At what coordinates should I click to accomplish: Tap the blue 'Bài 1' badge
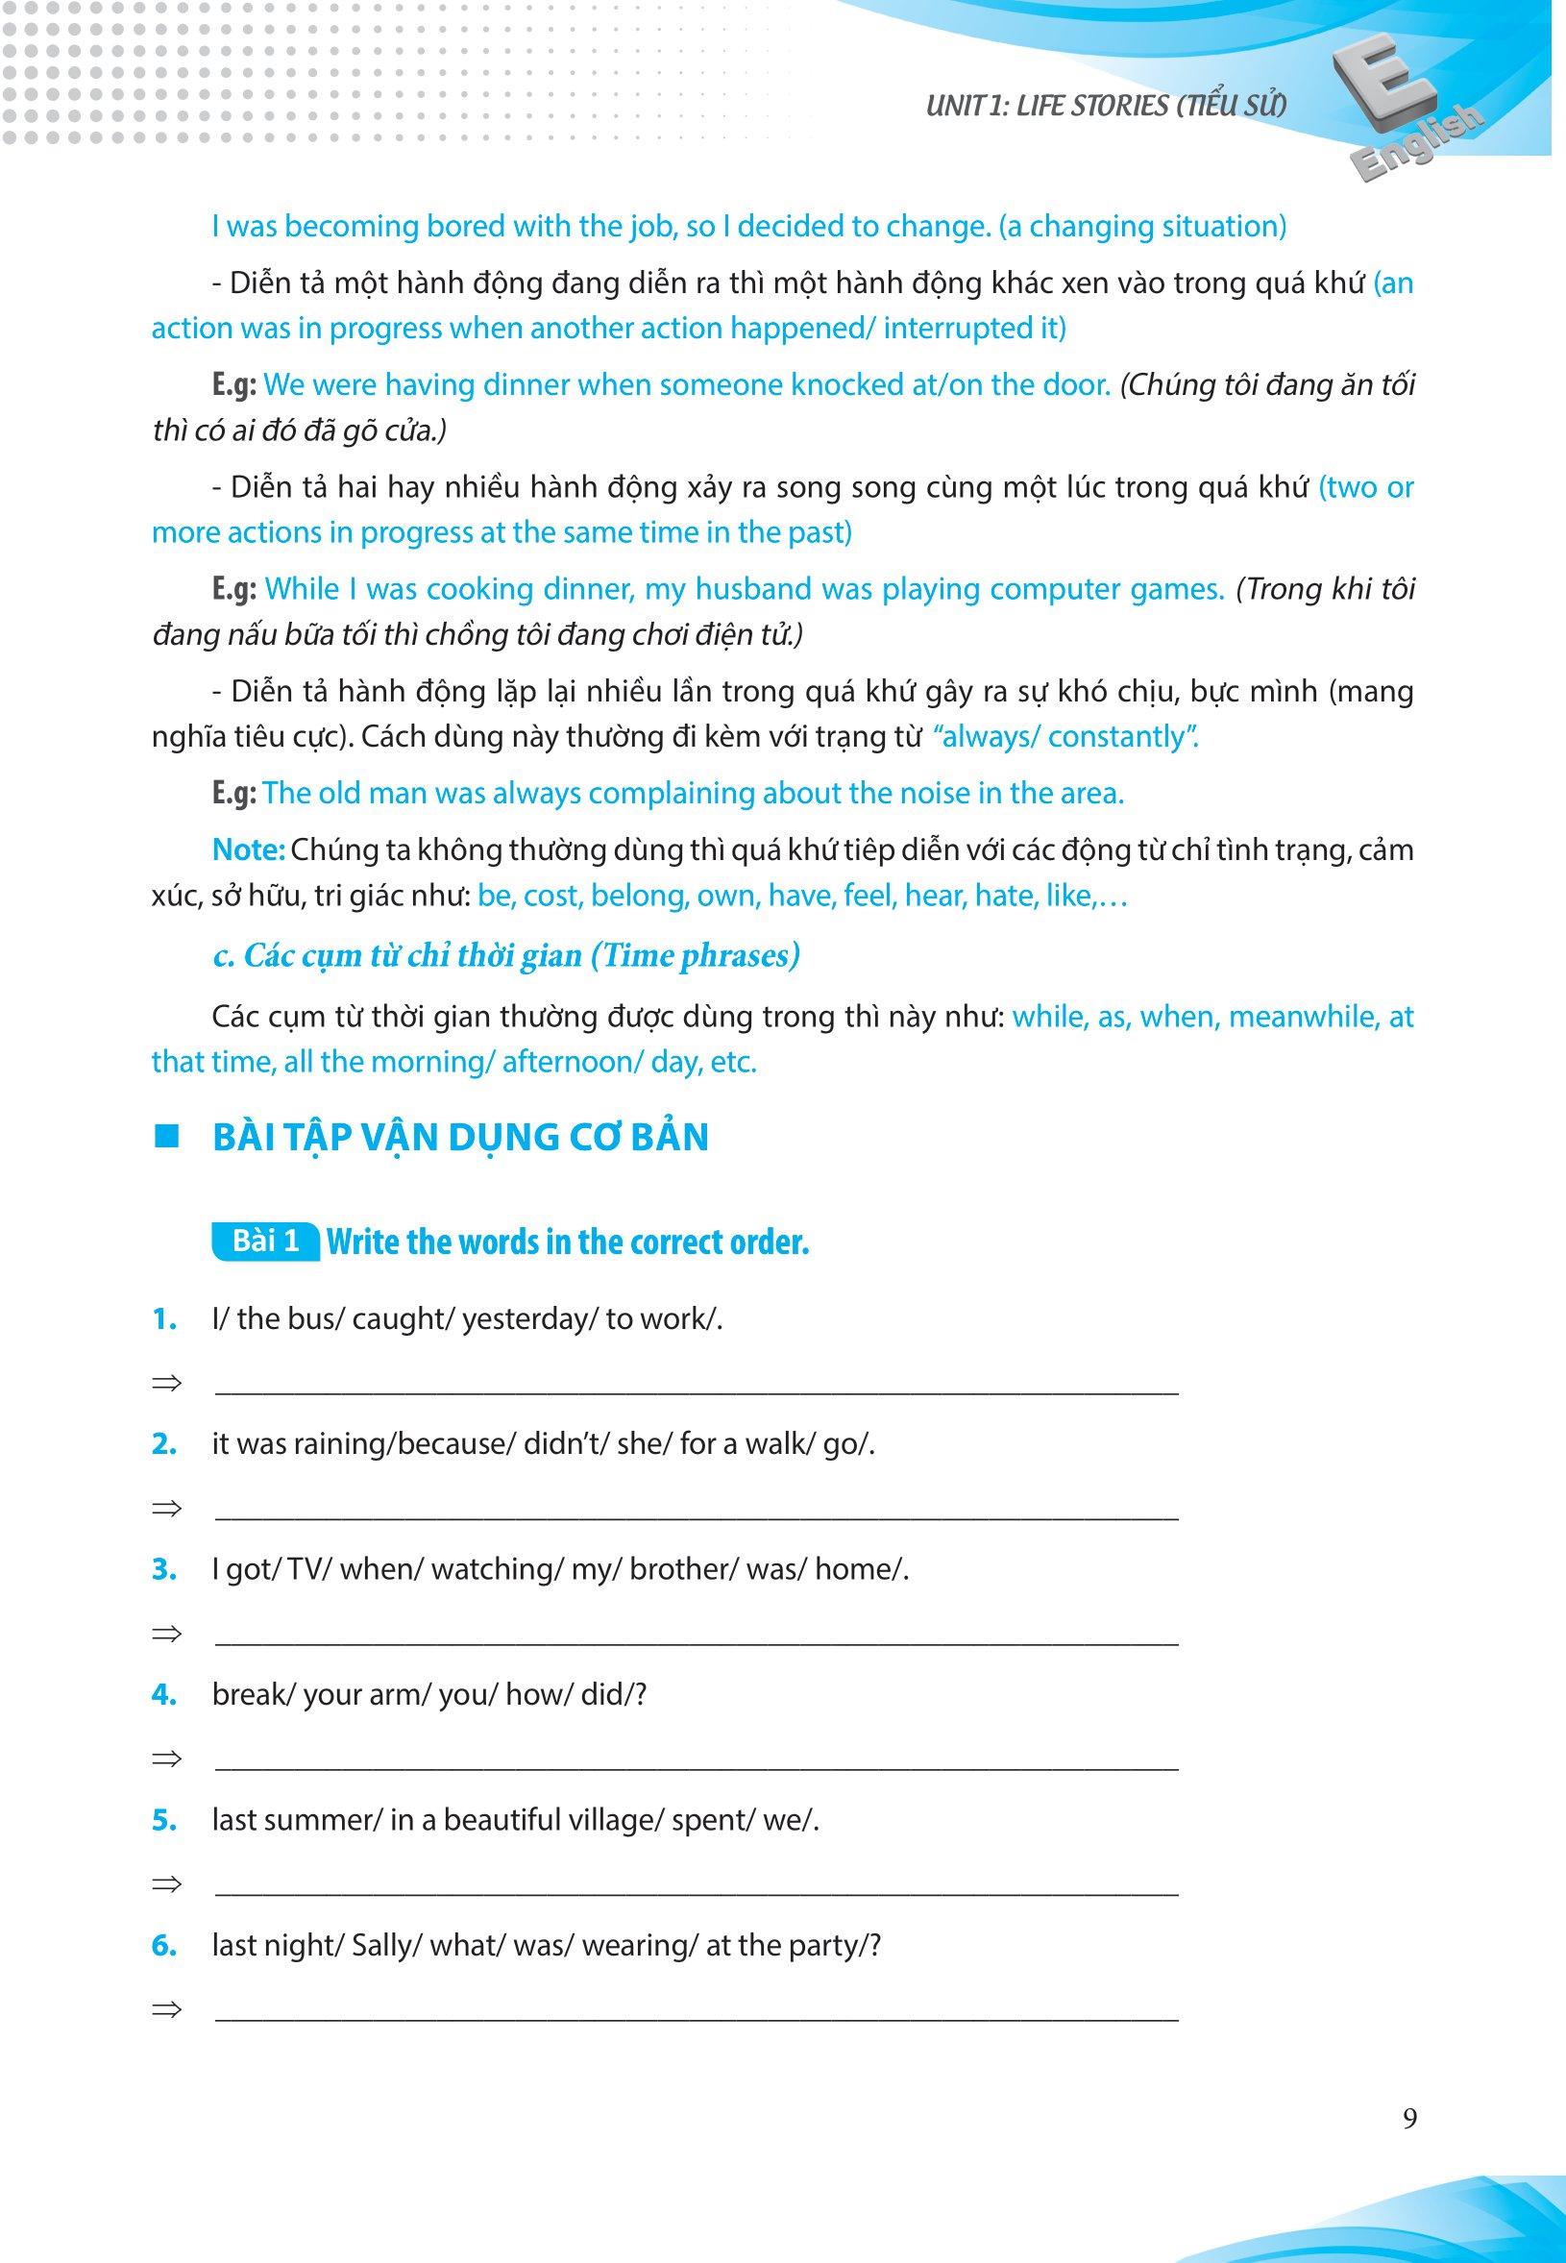[265, 1242]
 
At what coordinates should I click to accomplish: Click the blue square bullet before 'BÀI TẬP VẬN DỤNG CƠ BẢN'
[167, 1138]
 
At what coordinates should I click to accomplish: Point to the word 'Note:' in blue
[248, 849]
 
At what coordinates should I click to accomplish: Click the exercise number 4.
[164, 1695]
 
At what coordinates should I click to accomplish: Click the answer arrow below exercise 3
[167, 1634]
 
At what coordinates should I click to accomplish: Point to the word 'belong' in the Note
[632, 895]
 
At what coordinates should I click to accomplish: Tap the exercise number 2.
[164, 1444]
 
